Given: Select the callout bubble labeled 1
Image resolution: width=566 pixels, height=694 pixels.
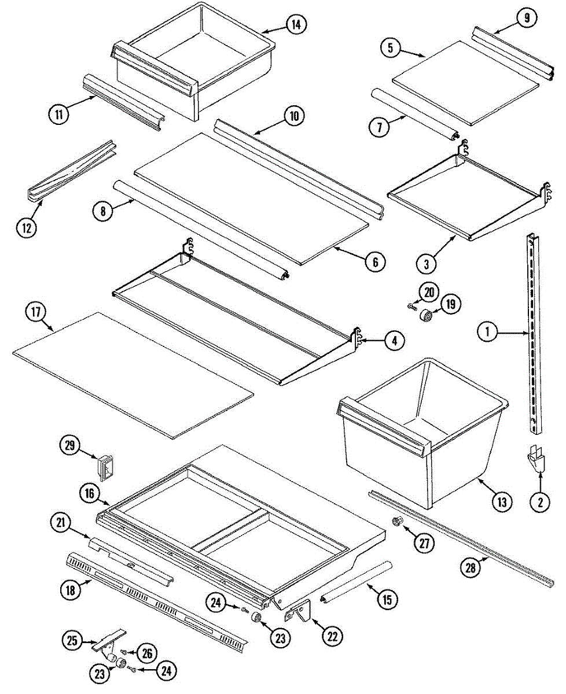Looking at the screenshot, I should click(x=487, y=332).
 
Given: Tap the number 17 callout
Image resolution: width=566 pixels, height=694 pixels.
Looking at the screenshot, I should click(x=36, y=312).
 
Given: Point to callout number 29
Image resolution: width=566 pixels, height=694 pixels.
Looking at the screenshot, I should click(x=70, y=445).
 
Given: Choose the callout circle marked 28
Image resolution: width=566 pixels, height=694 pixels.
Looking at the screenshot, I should click(x=471, y=569).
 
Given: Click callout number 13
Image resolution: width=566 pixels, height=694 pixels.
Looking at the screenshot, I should click(x=502, y=502).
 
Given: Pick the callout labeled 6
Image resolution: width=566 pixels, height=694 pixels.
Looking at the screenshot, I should click(x=375, y=263).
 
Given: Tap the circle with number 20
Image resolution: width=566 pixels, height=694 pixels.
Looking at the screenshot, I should click(x=428, y=293).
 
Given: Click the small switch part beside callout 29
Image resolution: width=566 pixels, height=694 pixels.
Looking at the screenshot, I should click(x=104, y=468).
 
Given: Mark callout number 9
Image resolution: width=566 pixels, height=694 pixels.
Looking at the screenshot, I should click(x=527, y=18).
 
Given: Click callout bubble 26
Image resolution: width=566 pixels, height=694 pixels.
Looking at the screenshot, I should click(x=146, y=654).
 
